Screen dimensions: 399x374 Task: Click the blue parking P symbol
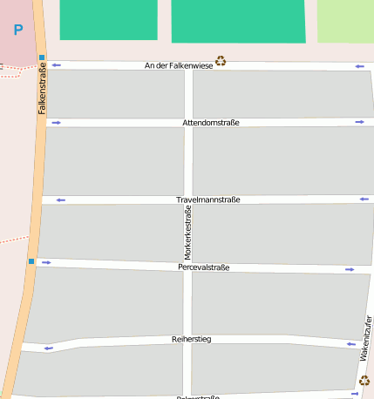18,30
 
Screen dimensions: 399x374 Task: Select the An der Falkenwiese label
179,65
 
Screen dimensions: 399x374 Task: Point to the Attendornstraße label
211,123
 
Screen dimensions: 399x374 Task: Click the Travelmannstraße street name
207,199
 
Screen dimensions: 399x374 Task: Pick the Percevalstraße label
203,267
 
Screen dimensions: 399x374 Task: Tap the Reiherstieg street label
192,338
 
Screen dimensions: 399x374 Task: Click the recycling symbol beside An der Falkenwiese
221,61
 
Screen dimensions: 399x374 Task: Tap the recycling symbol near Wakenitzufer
364,380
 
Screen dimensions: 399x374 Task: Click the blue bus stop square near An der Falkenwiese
41,57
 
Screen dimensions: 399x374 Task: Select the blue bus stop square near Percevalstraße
31,260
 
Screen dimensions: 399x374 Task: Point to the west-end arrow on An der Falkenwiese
57,64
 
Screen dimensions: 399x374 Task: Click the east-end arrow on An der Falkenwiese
359,66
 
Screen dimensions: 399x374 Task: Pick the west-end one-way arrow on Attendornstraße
57,122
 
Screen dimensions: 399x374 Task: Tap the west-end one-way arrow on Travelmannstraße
60,199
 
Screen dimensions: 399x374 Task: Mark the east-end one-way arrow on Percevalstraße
350,269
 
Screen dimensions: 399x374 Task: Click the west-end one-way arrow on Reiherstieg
49,348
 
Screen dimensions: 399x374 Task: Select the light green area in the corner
345,21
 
